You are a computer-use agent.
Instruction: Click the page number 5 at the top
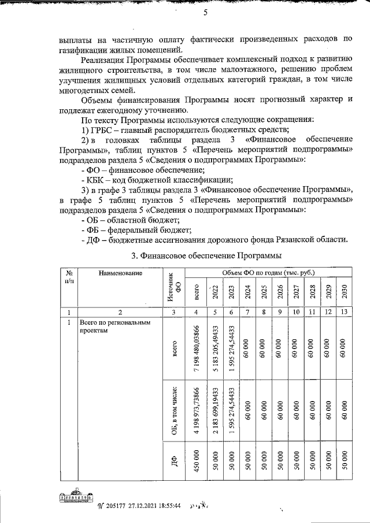point(205,14)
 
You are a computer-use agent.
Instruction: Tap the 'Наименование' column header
point(120,272)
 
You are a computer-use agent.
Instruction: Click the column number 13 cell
point(345,312)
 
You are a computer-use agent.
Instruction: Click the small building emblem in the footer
point(73,498)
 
